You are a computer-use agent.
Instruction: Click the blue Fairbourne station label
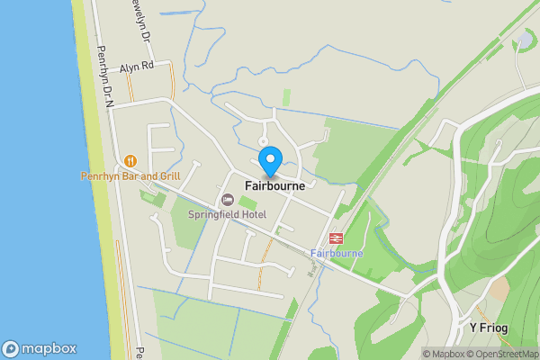(336, 254)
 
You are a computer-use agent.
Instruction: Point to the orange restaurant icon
(130, 160)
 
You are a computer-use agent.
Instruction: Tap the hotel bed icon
(227, 199)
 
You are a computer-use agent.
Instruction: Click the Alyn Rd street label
(137, 67)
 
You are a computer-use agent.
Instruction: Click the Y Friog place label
(489, 328)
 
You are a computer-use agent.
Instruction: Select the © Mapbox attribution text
(444, 354)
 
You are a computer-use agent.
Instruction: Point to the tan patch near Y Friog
(499, 288)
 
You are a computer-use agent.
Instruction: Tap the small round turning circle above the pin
(263, 141)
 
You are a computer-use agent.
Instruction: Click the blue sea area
(36, 180)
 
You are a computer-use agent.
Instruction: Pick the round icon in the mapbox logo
(11, 349)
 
